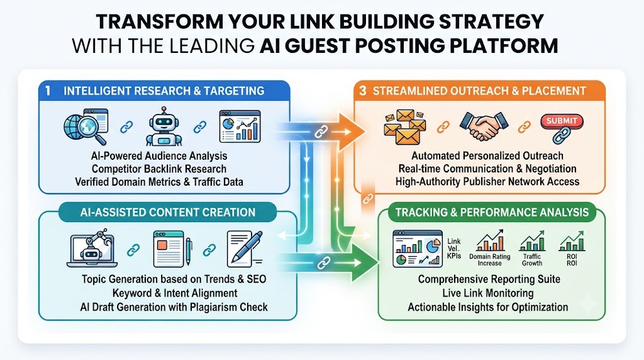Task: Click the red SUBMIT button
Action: pos(562,121)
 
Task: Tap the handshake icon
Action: pos(484,125)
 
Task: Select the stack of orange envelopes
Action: pos(404,127)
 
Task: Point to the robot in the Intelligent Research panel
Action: pos(164,127)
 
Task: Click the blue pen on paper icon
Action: pos(245,249)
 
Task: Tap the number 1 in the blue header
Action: pos(48,91)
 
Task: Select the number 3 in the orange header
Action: pos(362,91)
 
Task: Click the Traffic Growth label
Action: pos(532,260)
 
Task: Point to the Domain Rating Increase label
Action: pos(489,260)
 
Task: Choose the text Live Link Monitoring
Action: pos(488,293)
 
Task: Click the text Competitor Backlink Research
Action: pos(159,169)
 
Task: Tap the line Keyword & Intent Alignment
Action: pos(175,293)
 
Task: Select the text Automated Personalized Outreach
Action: pos(487,155)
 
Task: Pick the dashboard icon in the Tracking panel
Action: pos(418,249)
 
